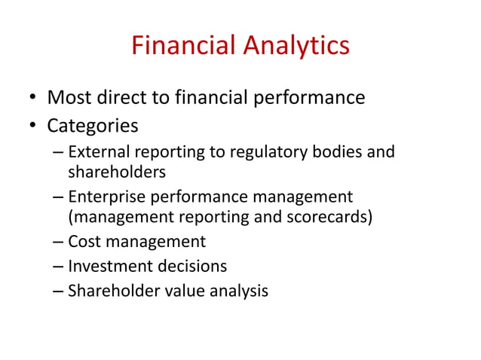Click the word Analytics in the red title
click(296, 47)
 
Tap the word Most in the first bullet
click(69, 98)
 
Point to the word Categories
click(92, 124)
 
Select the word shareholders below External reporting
click(117, 172)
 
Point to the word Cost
click(82, 242)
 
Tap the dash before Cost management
click(58, 243)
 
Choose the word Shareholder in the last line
click(109, 290)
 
